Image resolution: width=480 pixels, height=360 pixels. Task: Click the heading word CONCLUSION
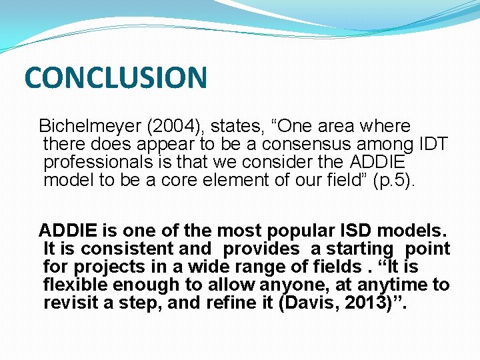click(115, 77)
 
